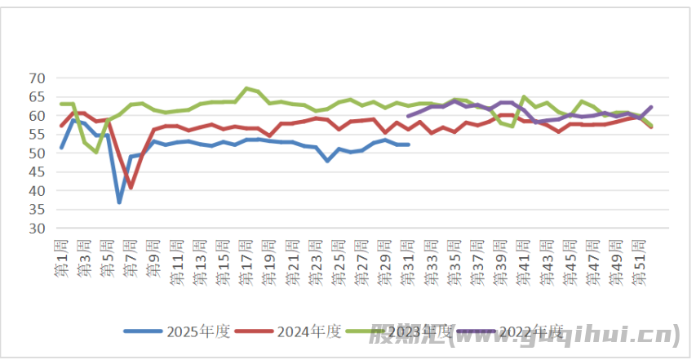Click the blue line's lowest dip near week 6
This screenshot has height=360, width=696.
point(119,202)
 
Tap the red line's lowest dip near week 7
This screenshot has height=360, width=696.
point(131,188)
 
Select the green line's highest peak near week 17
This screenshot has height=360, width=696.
point(246,88)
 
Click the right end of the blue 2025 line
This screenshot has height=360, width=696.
point(408,144)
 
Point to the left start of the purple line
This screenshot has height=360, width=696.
point(408,116)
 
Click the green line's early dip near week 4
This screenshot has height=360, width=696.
point(96,152)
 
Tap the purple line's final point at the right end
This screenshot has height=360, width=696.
point(651,107)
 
